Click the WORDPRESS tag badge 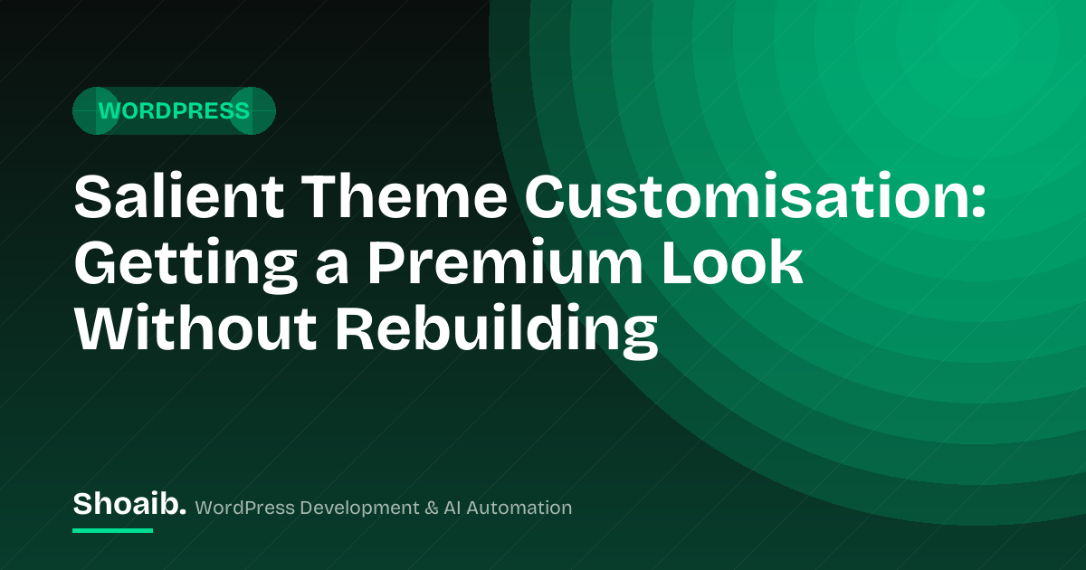174,111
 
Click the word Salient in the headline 179,197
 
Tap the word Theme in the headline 405,197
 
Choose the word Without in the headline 195,328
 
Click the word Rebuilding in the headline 497,330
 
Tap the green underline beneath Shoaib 112,531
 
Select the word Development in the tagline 359,508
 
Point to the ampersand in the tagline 431,508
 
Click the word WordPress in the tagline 245,508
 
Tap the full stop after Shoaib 182,512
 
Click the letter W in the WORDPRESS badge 109,111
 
